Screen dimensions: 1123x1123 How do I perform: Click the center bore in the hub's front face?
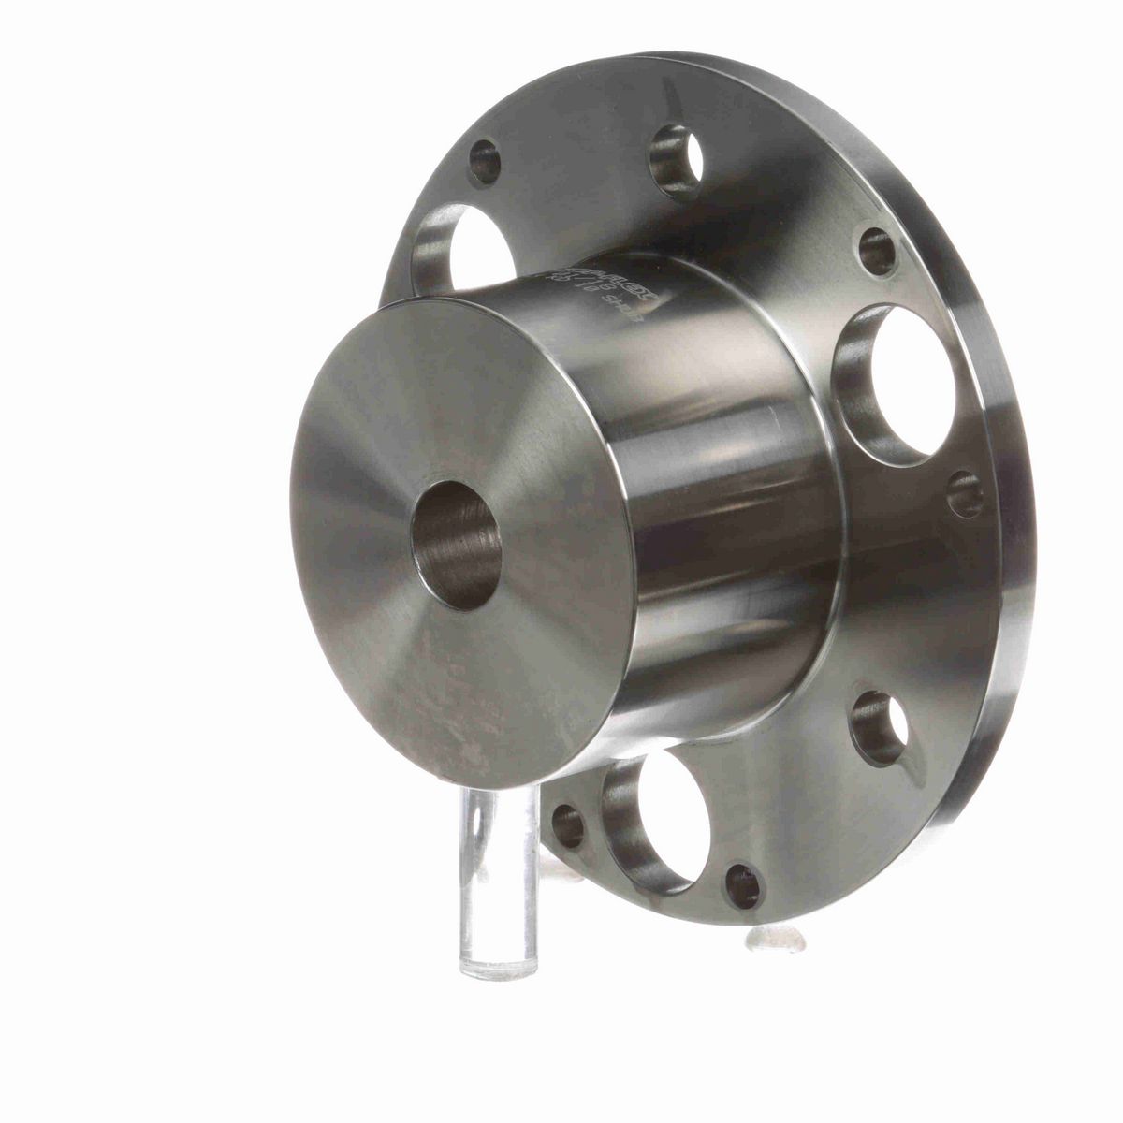click(458, 546)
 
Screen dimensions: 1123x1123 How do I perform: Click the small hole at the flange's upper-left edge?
click(484, 162)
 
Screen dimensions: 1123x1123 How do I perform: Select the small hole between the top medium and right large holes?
click(877, 252)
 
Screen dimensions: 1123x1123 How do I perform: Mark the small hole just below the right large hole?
click(965, 495)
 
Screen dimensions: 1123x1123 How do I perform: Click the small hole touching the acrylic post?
click(568, 824)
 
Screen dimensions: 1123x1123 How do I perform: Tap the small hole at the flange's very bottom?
click(744, 885)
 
